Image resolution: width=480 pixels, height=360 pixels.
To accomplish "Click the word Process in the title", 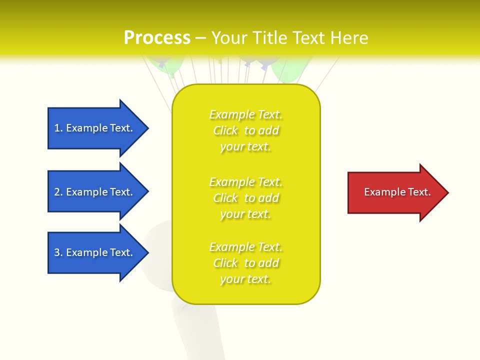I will point(157,38).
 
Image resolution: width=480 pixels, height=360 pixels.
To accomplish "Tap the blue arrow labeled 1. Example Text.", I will point(95,128).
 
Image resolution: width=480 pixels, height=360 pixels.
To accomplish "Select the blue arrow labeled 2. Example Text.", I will point(95,192).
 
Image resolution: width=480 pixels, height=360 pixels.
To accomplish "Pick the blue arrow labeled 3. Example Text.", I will point(95,252).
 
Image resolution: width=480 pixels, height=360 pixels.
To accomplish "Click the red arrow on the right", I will point(395,192).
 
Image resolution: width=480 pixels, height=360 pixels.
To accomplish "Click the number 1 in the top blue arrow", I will point(57,128).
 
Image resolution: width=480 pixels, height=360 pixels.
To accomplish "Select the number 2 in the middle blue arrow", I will point(57,192).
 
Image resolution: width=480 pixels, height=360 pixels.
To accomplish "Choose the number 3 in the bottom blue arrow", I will point(57,252).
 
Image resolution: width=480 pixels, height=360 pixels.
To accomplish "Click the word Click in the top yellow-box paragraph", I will point(225,131).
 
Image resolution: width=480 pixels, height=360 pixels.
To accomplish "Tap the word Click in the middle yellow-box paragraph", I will point(225,198).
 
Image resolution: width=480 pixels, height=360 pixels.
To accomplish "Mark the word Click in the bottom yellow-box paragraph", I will point(225,263).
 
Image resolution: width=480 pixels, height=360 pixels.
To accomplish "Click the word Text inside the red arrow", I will point(419,192).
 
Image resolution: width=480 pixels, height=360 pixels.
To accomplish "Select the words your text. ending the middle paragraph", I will point(245,214).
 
